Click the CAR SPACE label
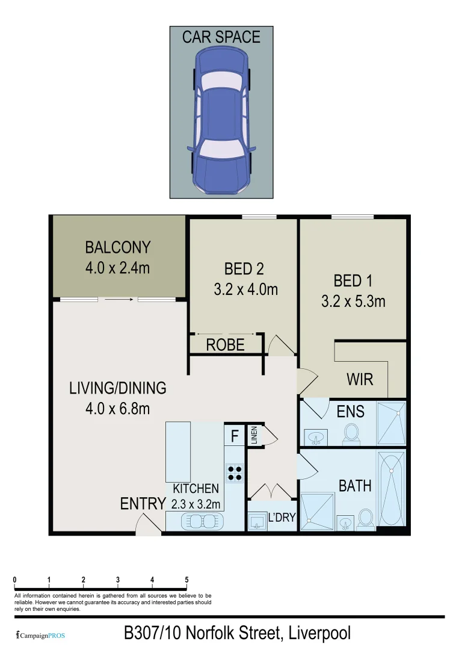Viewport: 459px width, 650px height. pyautogui.click(x=221, y=37)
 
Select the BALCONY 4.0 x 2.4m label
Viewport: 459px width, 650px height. pyautogui.click(x=118, y=257)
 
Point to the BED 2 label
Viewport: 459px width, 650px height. pyautogui.click(x=244, y=268)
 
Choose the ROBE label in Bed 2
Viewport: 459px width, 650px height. pyautogui.click(x=226, y=345)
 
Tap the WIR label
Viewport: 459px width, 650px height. pyautogui.click(x=360, y=380)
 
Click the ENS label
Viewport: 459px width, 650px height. pyautogui.click(x=350, y=412)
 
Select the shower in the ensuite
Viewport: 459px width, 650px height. pyautogui.click(x=391, y=424)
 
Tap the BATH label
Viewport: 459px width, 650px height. pyautogui.click(x=355, y=486)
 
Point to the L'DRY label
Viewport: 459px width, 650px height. pyautogui.click(x=282, y=516)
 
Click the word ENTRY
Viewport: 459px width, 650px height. pyautogui.click(x=143, y=504)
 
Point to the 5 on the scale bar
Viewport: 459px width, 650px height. pyautogui.click(x=186, y=580)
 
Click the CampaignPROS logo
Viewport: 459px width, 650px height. pyautogui.click(x=41, y=634)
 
